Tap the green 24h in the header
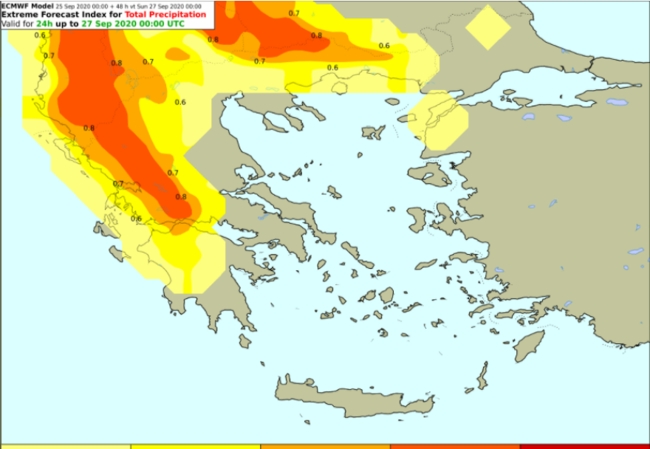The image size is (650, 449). tap(45, 24)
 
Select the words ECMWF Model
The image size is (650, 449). tap(27, 5)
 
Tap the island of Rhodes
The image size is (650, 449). tap(529, 346)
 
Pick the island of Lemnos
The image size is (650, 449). tap(373, 132)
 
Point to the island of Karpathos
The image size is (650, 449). tap(482, 375)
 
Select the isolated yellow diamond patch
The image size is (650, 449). tap(488, 27)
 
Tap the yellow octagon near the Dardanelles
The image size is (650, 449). tap(437, 120)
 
